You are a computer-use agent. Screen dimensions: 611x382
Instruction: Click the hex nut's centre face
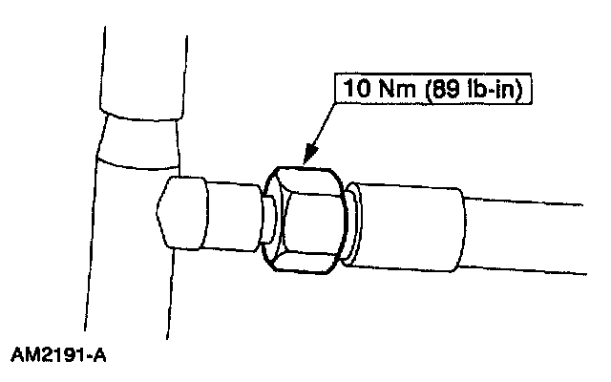click(304, 219)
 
